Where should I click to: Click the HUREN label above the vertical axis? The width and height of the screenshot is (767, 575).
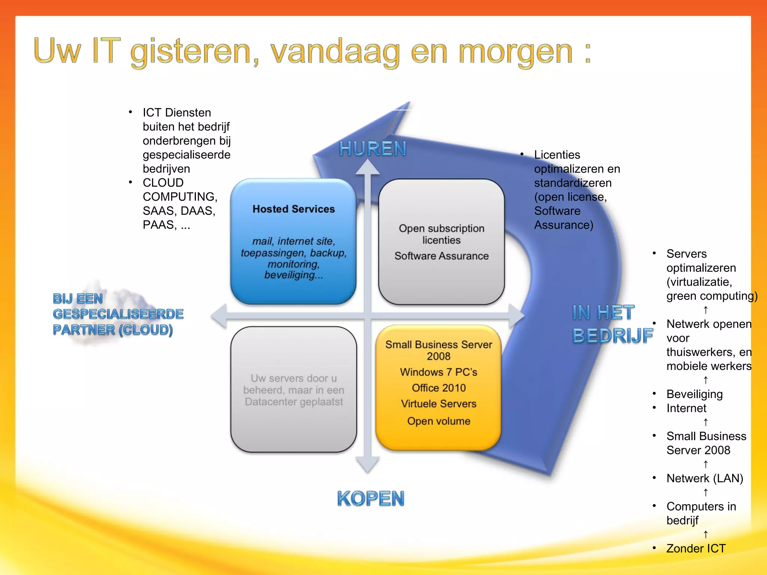tap(372, 149)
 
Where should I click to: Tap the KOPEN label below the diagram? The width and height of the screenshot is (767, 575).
tap(370, 499)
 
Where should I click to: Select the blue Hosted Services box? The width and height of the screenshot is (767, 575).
tap(293, 241)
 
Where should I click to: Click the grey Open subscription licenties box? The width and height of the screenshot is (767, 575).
tap(441, 242)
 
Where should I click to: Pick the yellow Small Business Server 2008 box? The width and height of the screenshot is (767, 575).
tap(439, 387)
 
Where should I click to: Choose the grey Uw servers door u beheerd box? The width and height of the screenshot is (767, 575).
tap(293, 390)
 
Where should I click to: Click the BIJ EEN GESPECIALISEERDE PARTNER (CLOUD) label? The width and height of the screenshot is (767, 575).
tap(118, 314)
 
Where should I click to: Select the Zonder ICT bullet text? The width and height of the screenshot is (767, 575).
tap(695, 548)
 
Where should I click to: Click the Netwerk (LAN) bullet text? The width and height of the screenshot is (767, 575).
tap(704, 478)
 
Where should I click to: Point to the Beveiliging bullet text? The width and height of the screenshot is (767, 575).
tap(694, 394)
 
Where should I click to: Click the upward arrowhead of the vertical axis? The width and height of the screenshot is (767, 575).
tap(368, 168)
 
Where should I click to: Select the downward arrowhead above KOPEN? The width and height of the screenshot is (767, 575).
tap(368, 464)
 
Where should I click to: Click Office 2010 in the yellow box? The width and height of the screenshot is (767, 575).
tap(439, 388)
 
